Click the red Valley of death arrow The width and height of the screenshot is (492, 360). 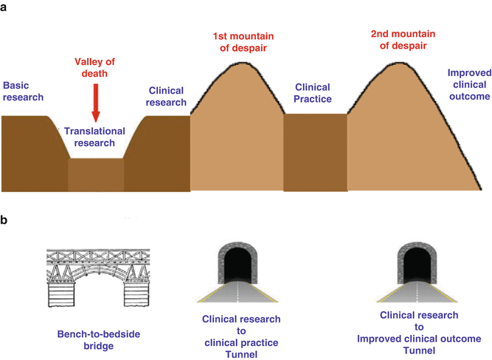(x=94, y=103)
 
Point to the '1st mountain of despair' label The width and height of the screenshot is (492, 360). (x=239, y=42)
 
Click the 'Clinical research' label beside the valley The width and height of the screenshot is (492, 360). (x=167, y=96)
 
